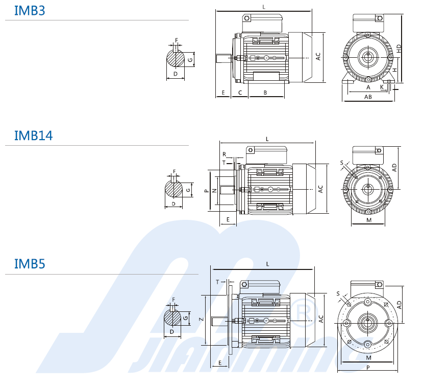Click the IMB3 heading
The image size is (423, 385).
click(x=30, y=11)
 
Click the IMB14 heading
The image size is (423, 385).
click(x=33, y=135)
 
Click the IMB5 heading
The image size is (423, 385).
click(x=30, y=264)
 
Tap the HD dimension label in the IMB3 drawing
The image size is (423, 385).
click(x=399, y=49)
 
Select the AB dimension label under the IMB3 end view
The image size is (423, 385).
click(x=368, y=97)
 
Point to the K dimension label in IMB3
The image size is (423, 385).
click(x=382, y=87)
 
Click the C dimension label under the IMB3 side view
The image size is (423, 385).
click(x=240, y=93)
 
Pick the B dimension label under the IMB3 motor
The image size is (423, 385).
click(x=265, y=93)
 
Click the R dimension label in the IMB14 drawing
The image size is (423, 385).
click(x=224, y=154)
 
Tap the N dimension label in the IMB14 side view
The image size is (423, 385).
click(x=215, y=191)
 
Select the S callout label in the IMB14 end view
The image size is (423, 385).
click(x=342, y=163)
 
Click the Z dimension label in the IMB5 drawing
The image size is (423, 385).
click(x=201, y=320)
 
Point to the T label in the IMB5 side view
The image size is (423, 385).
click(x=217, y=282)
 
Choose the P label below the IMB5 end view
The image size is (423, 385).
click(x=368, y=368)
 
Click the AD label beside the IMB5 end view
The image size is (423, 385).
click(x=399, y=305)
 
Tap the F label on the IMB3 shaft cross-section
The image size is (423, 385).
click(x=177, y=40)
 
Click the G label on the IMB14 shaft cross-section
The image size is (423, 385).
click(x=188, y=190)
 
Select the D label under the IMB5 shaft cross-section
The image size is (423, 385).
click(x=172, y=332)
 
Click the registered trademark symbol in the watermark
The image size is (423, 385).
click(x=303, y=313)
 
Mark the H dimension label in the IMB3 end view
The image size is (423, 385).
click(x=394, y=70)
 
